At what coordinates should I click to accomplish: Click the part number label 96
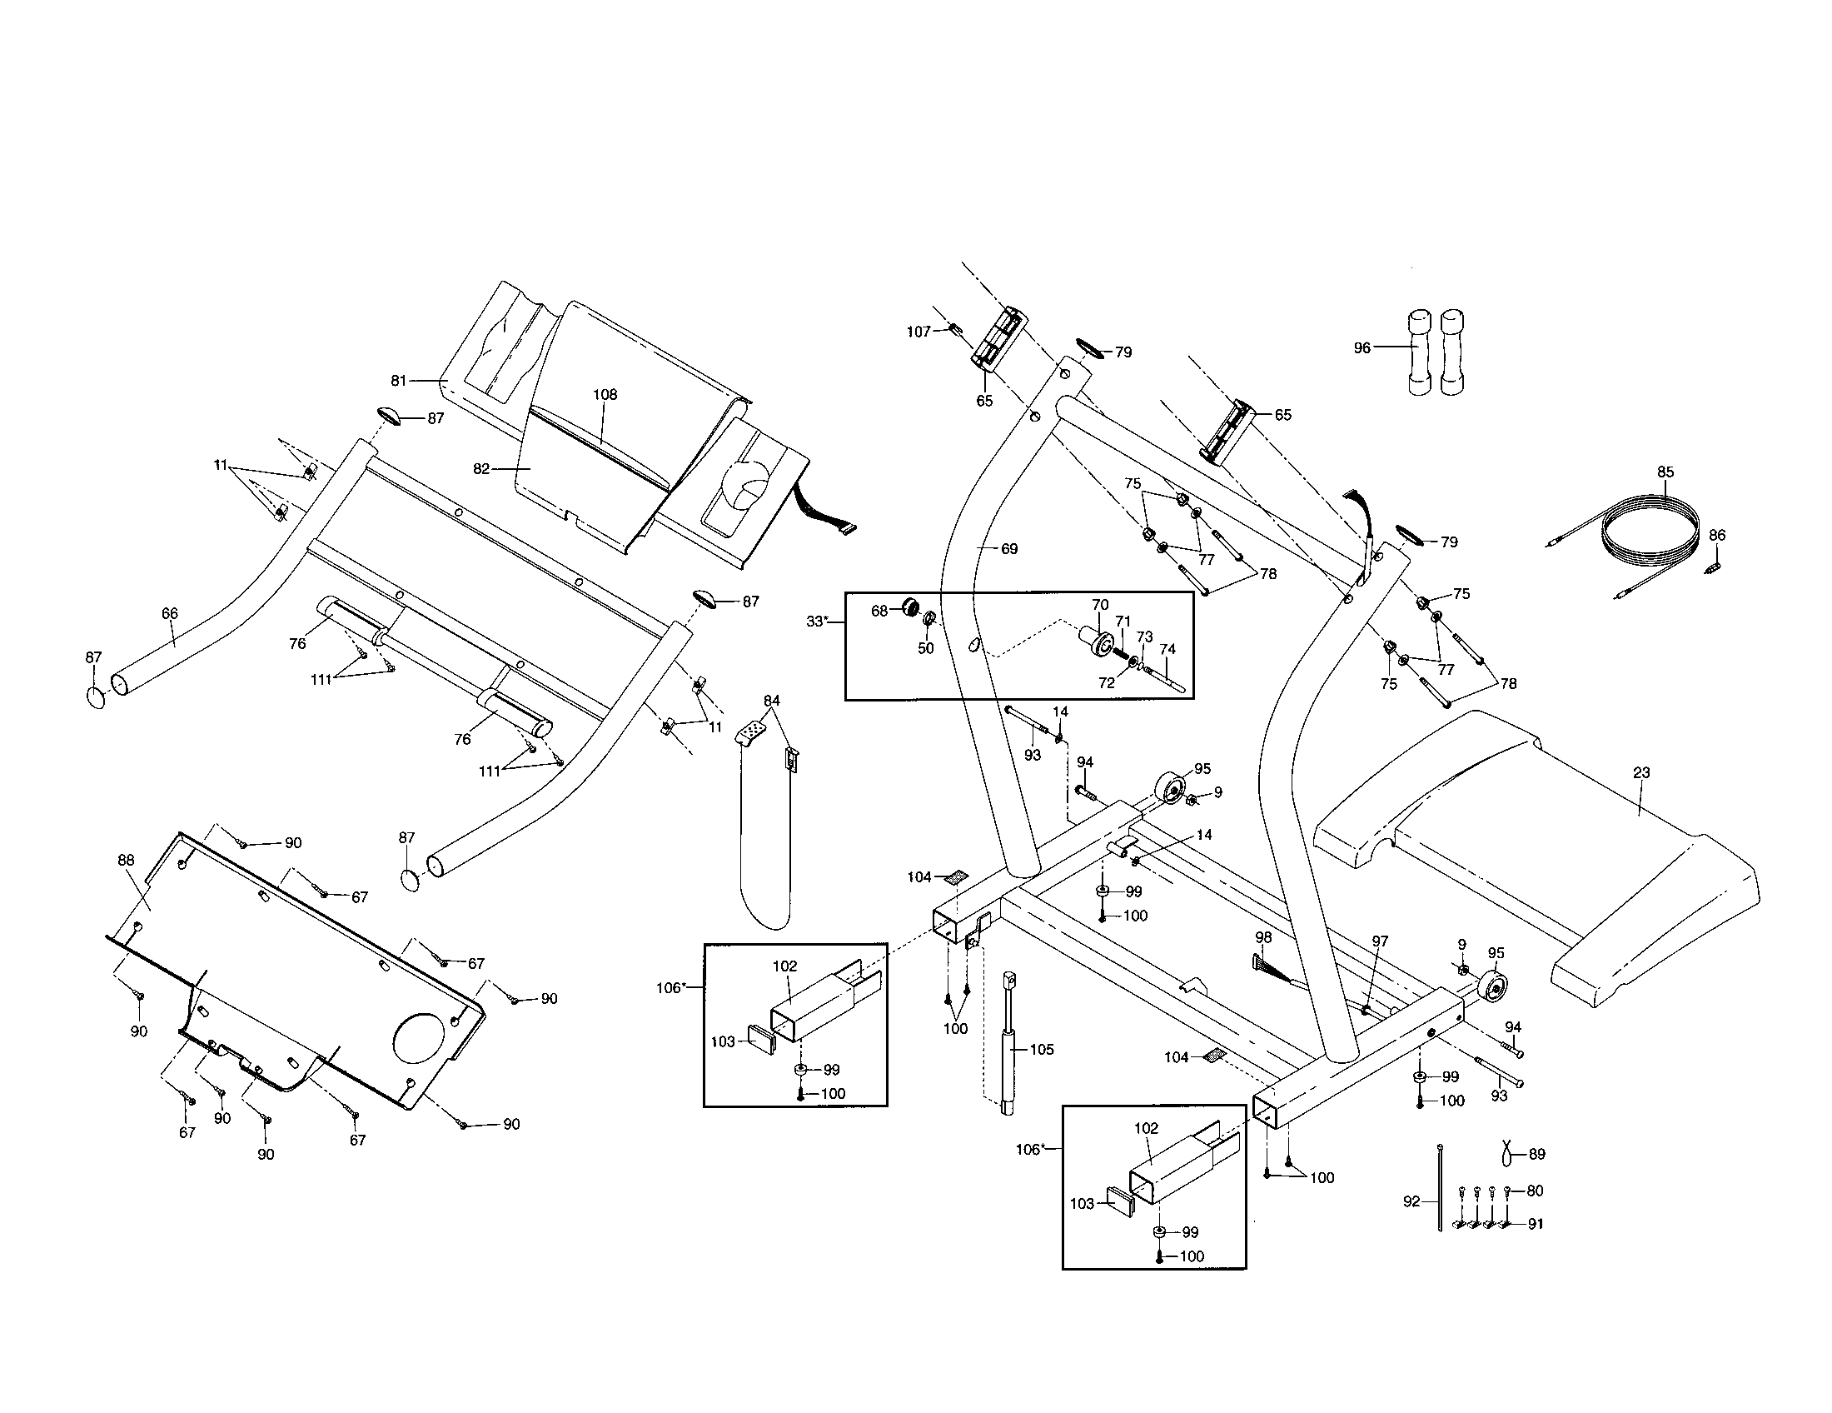1362,347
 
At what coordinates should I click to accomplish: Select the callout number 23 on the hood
1641,773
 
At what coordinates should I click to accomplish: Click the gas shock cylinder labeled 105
1009,1049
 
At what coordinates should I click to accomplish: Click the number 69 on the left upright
1009,549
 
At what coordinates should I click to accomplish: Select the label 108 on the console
605,394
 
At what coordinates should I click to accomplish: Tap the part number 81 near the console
399,381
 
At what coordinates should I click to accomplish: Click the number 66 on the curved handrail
169,613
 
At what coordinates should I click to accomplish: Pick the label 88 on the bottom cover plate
126,859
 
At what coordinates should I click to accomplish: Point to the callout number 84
772,701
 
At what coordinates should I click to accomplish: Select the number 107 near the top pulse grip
918,332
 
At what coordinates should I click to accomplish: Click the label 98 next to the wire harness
1263,937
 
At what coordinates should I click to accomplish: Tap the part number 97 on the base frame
1380,941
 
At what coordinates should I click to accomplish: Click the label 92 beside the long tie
1411,1201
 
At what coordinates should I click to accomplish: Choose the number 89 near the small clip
1536,1154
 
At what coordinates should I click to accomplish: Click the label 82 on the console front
481,469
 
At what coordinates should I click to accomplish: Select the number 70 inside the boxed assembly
1100,604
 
